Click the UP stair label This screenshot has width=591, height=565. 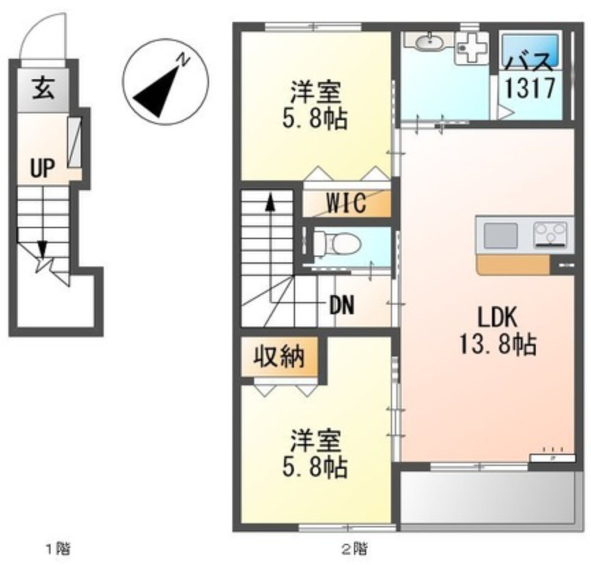(42, 167)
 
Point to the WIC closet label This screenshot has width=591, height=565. (346, 203)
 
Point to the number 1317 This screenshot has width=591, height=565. (529, 88)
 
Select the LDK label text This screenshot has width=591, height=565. (496, 318)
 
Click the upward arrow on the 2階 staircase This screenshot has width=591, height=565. (271, 202)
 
